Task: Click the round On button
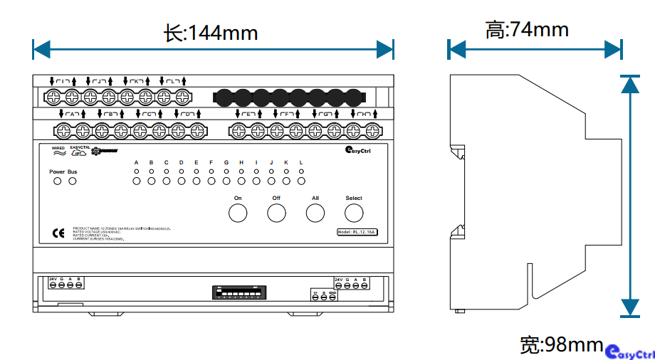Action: (237, 213)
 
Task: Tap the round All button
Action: (315, 213)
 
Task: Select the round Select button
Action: (354, 213)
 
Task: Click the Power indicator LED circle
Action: (57, 181)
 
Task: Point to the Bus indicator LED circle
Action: (72, 181)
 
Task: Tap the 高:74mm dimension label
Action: (527, 30)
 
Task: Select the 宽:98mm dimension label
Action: (562, 345)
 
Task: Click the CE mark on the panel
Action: (58, 232)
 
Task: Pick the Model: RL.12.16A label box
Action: (357, 232)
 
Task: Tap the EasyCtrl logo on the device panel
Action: (357, 149)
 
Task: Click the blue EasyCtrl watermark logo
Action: (629, 352)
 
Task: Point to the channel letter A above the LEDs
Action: (136, 163)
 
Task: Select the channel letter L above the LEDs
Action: (301, 163)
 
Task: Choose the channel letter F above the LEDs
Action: (211, 163)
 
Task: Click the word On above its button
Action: (238, 198)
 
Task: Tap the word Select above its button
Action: (354, 198)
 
